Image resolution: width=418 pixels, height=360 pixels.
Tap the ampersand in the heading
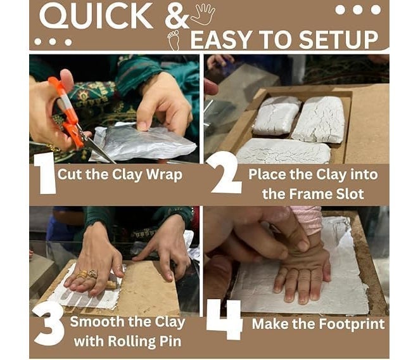(x=177, y=16)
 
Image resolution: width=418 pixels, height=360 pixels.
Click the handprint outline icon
(x=203, y=15)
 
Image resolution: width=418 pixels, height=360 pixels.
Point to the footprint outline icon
(x=174, y=40)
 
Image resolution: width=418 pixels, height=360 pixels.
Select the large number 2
(x=225, y=172)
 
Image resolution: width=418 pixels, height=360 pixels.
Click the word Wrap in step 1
(x=165, y=175)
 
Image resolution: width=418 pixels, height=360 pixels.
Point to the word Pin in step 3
(x=170, y=342)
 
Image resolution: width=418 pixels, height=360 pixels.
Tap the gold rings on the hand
(x=87, y=274)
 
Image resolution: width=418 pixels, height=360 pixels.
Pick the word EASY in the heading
(x=222, y=40)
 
